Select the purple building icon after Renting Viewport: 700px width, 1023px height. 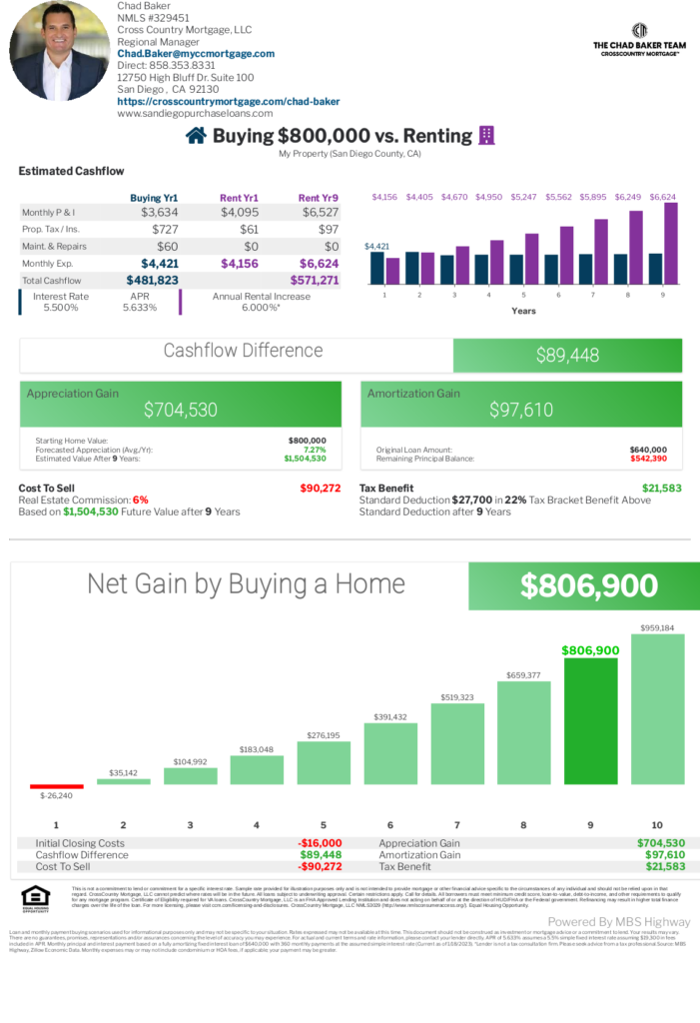487,136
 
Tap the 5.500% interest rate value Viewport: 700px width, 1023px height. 60,308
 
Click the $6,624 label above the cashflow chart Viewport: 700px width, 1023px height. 662,197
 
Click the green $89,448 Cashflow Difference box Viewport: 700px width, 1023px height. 567,355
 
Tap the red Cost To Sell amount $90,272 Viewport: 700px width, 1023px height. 320,488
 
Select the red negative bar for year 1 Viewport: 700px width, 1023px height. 56,786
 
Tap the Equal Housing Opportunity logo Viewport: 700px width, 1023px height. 35,899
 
